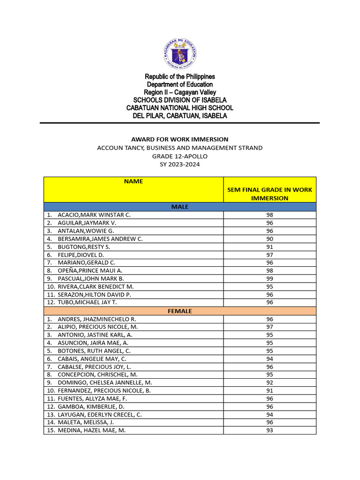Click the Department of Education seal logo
(x=180, y=52)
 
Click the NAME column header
(x=133, y=181)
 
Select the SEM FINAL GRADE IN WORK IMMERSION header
(x=270, y=194)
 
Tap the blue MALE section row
(x=180, y=207)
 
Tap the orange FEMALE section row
(x=180, y=310)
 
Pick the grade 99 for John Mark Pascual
(x=270, y=278)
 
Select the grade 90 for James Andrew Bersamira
(x=270, y=239)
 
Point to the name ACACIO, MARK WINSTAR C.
(x=94, y=215)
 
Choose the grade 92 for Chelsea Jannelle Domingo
(x=270, y=382)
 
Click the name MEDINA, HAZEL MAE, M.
(x=91, y=430)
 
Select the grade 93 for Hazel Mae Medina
(x=270, y=430)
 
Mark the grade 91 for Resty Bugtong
(x=270, y=247)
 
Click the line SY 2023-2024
(x=180, y=164)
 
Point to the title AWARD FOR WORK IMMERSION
(x=180, y=139)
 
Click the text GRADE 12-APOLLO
(x=180, y=156)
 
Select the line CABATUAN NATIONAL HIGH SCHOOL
(x=180, y=108)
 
